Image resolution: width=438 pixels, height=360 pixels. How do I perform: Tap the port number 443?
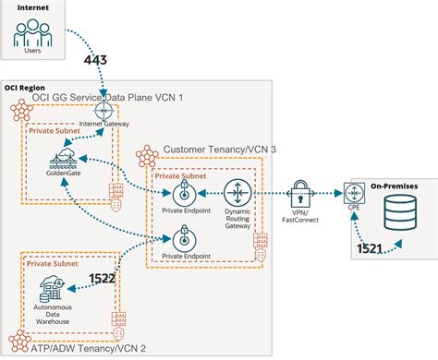[x=96, y=61]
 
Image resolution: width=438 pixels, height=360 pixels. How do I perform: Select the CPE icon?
[x=354, y=193]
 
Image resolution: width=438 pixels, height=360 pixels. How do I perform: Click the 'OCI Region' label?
[x=26, y=88]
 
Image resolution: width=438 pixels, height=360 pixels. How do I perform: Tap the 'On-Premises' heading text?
[x=394, y=186]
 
